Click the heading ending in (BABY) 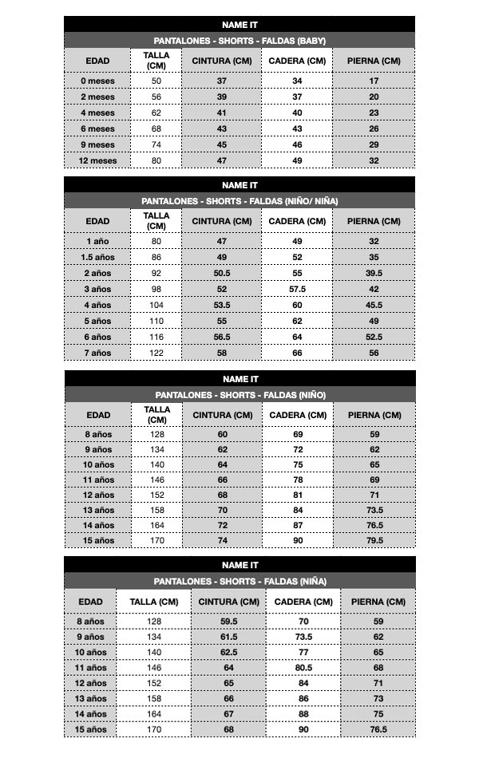(239, 41)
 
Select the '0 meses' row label (97, 81)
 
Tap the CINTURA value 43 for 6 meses (221, 128)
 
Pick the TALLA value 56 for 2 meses (156, 97)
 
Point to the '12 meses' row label (97, 160)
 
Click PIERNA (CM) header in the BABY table (374, 61)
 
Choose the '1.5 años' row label (97, 257)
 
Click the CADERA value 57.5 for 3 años (297, 289)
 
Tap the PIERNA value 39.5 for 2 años (374, 273)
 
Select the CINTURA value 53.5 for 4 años (221, 305)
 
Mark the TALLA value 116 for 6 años (156, 337)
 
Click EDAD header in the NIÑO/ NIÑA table (97, 221)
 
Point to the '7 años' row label (97, 353)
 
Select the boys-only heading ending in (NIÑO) (239, 395)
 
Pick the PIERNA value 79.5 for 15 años (374, 540)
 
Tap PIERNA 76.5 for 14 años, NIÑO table (374, 525)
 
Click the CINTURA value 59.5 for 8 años (228, 621)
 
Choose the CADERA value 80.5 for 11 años (303, 667)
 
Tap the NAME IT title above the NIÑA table (239, 565)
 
